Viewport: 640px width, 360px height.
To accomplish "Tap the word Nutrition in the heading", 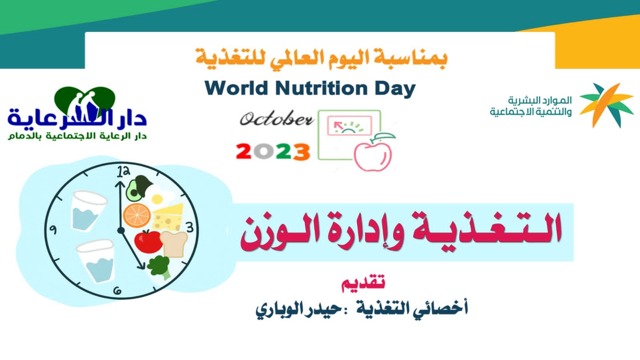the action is (x=322, y=88).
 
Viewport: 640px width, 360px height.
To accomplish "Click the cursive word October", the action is (x=276, y=119).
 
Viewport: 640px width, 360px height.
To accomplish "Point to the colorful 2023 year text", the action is (x=273, y=152).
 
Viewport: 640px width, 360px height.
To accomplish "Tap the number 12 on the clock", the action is (x=124, y=172).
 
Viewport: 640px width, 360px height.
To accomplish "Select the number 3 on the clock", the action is (x=190, y=228).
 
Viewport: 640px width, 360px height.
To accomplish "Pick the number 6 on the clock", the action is (x=118, y=291).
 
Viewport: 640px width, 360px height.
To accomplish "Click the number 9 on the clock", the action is (x=53, y=230).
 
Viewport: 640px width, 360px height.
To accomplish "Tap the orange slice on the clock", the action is (x=136, y=215).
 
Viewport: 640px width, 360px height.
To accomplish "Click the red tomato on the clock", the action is (x=148, y=242).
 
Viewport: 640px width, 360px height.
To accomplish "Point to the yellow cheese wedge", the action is (x=168, y=217).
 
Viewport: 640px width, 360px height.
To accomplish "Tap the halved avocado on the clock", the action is (x=134, y=190).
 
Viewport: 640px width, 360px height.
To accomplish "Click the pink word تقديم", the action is (x=363, y=282).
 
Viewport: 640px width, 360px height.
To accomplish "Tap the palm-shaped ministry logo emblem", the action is (x=606, y=105).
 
